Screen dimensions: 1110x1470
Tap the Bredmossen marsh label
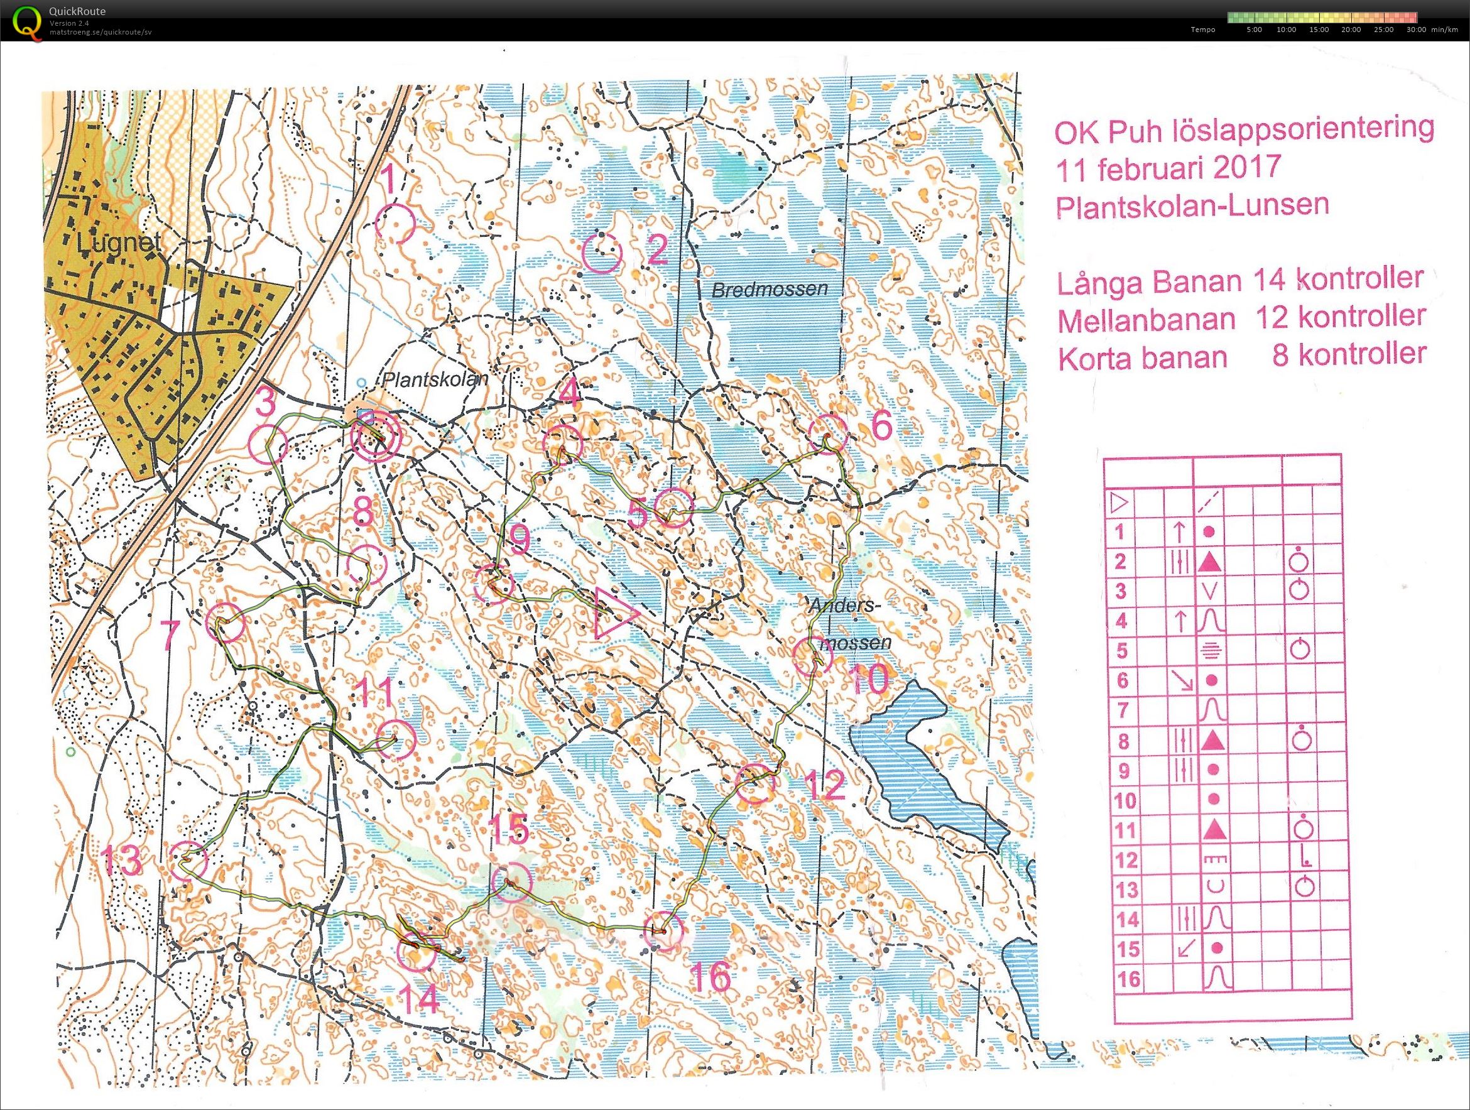[770, 289]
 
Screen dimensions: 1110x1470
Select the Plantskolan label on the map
[435, 379]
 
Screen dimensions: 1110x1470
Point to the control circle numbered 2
[601, 253]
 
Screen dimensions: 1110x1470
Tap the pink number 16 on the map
[710, 976]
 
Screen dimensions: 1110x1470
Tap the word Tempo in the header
[1202, 30]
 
